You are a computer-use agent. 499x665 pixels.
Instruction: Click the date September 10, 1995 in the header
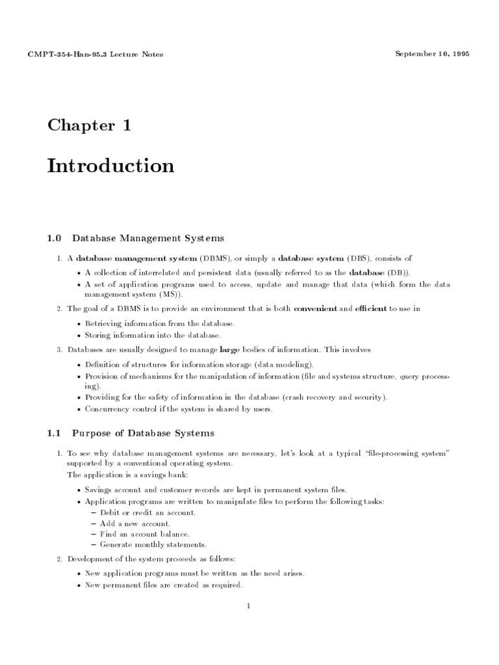pyautogui.click(x=431, y=53)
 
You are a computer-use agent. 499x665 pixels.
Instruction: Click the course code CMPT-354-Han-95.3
pyautogui.click(x=70, y=54)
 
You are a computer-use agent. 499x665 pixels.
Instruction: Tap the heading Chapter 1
pyautogui.click(x=89, y=125)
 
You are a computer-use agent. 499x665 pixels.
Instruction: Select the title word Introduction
pyautogui.click(x=110, y=166)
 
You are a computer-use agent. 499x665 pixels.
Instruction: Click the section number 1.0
pyautogui.click(x=54, y=238)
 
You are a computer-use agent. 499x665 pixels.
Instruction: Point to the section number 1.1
pyautogui.click(x=54, y=433)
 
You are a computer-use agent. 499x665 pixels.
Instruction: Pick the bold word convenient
pyautogui.click(x=315, y=308)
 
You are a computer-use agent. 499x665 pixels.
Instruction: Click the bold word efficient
pyautogui.click(x=372, y=308)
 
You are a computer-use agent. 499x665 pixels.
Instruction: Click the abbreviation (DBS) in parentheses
pyautogui.click(x=358, y=258)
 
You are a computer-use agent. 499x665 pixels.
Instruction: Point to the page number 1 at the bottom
pyautogui.click(x=248, y=607)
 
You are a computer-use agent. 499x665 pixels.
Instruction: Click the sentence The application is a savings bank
pyautogui.click(x=122, y=475)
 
